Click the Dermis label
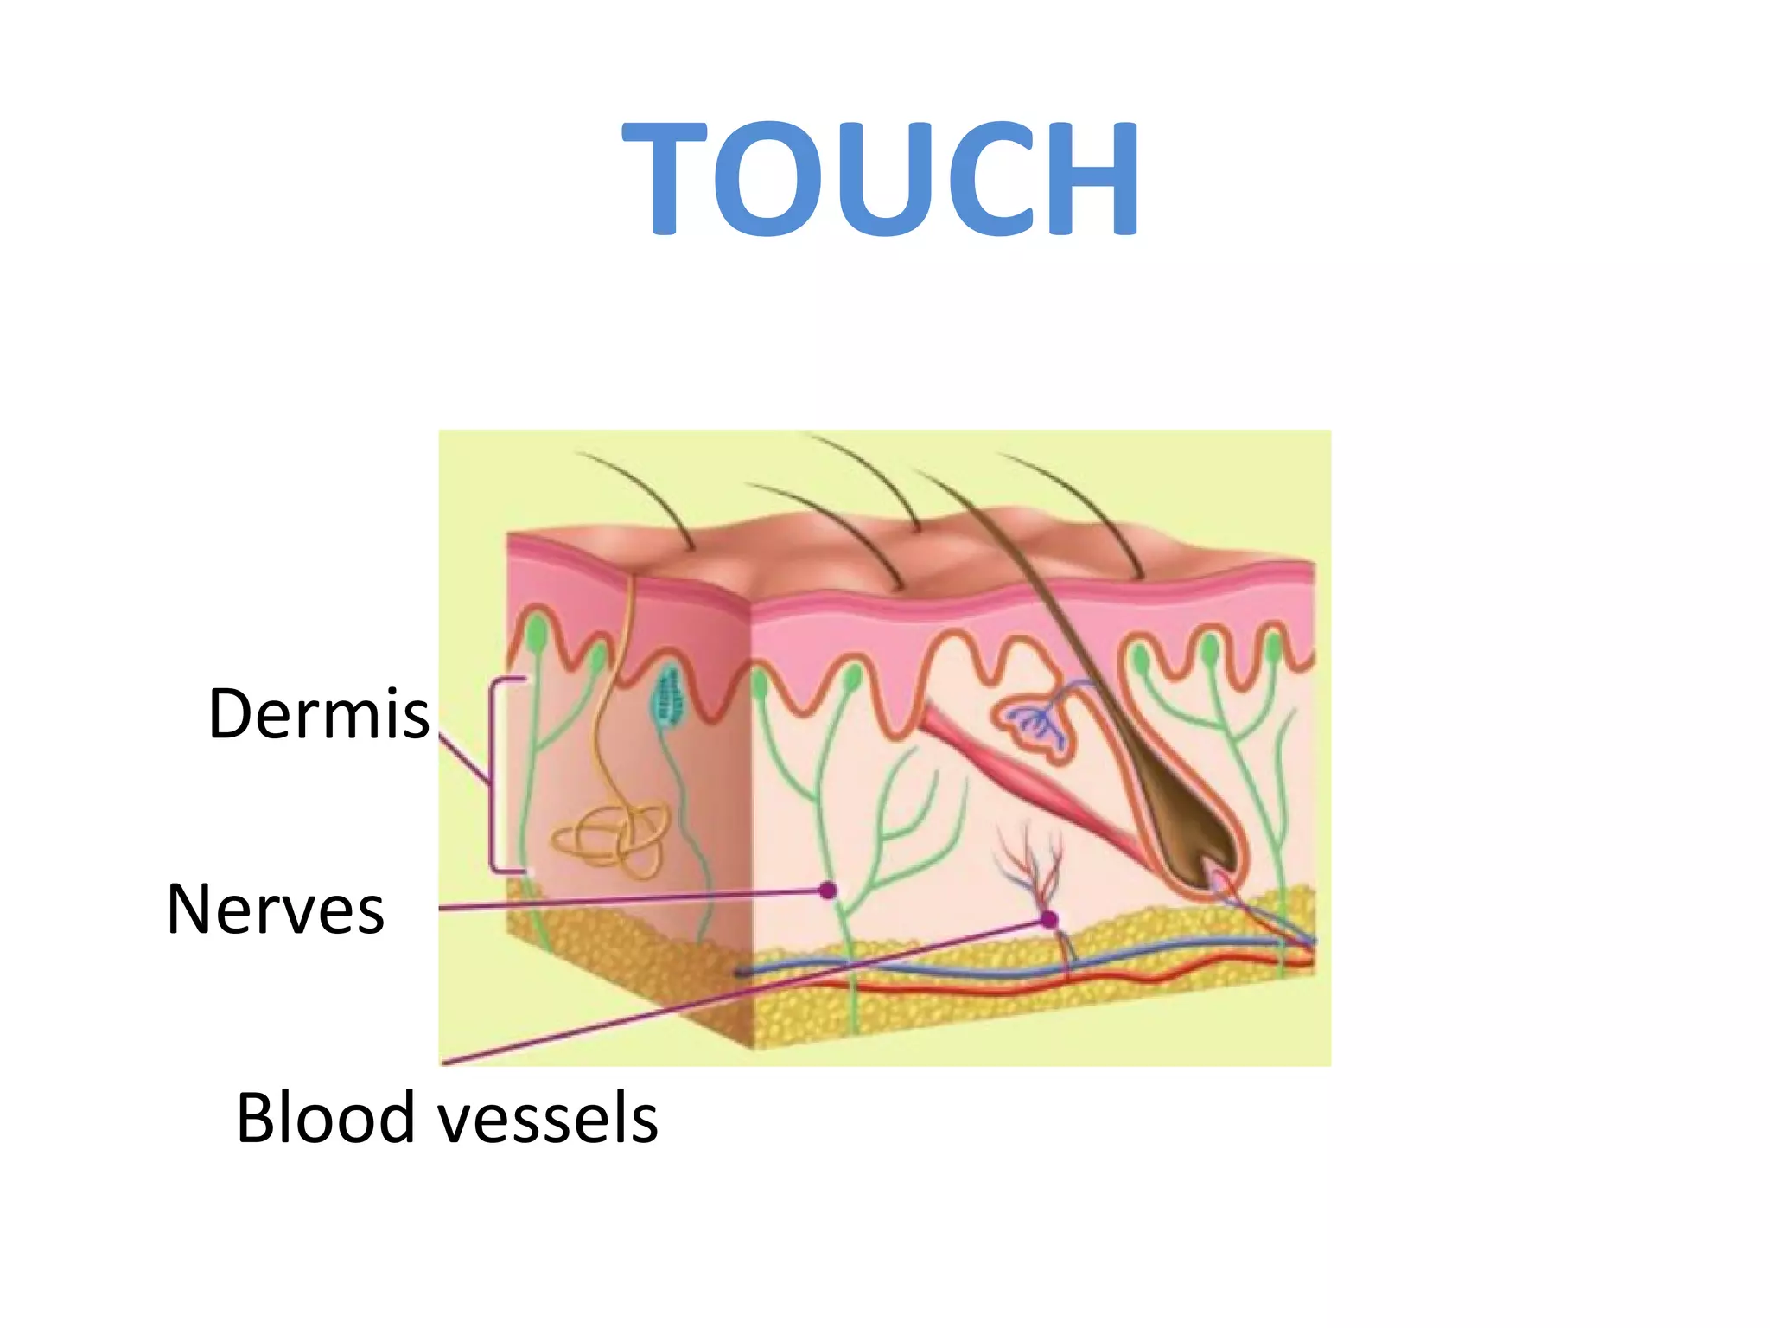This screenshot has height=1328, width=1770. coord(319,714)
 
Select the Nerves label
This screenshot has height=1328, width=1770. coord(275,910)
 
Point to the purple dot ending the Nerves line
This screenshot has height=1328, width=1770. coord(828,890)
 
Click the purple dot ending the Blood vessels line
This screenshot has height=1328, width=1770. coord(1049,920)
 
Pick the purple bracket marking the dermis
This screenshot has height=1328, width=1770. coord(494,775)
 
